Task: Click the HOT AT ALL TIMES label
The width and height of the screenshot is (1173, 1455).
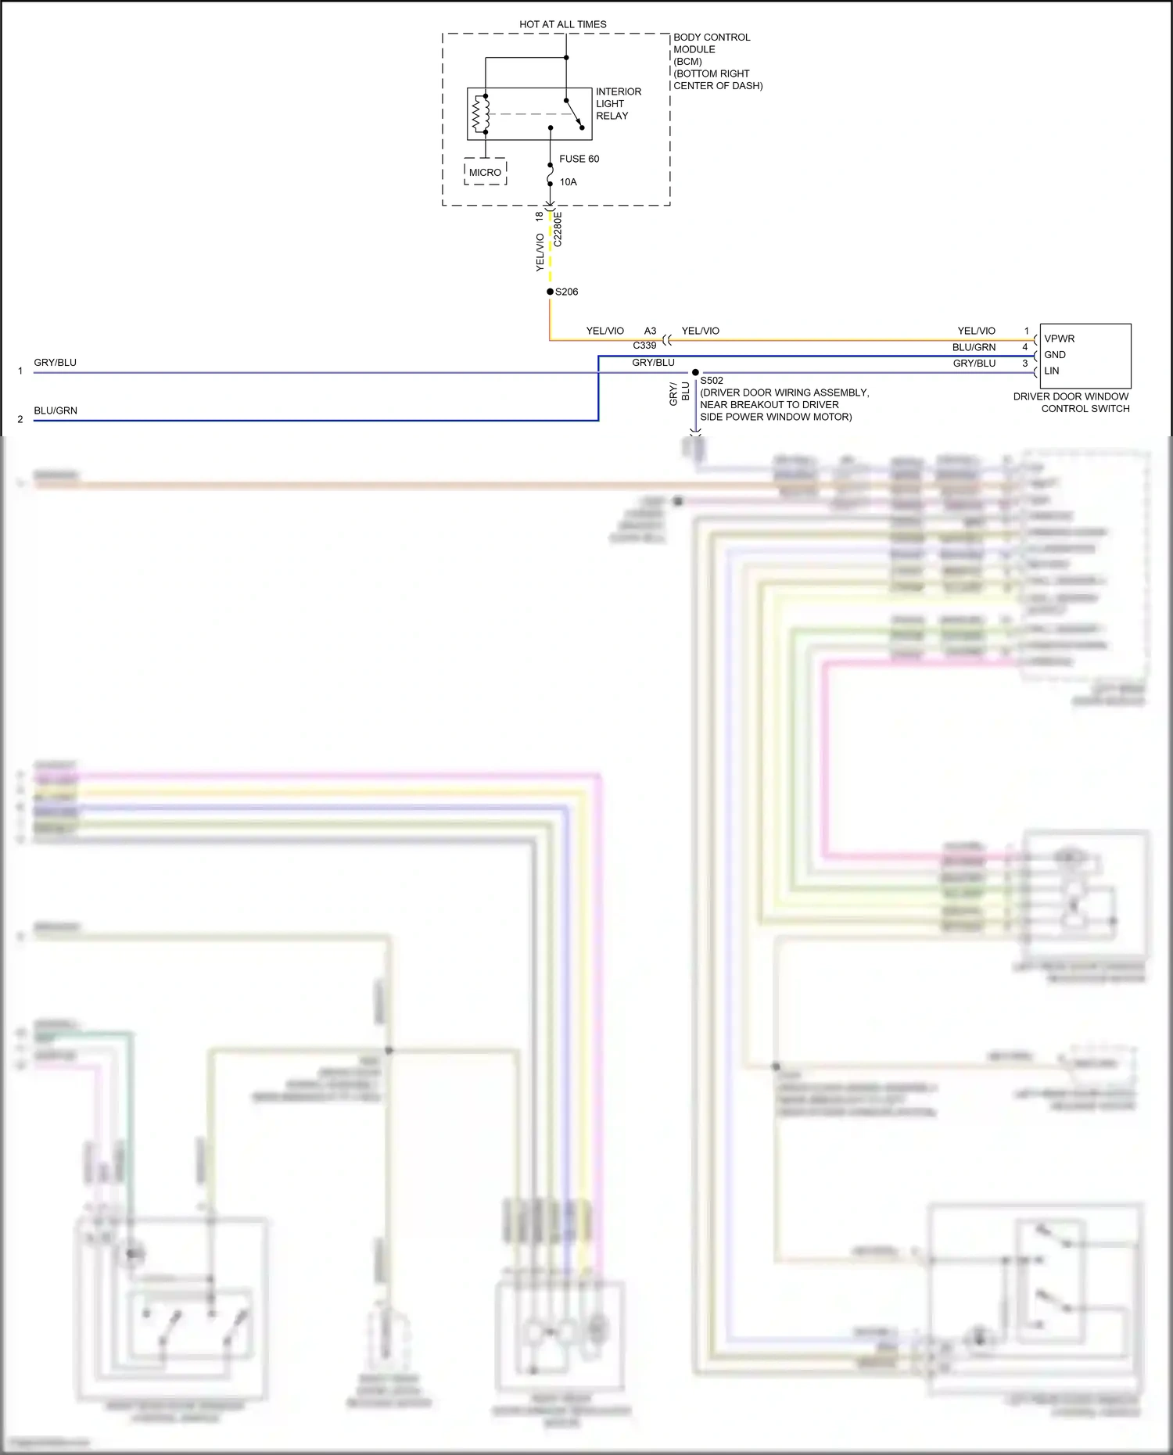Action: coord(562,24)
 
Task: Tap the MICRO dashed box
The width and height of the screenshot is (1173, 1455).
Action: coord(485,172)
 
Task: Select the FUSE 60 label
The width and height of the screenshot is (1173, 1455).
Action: coord(579,159)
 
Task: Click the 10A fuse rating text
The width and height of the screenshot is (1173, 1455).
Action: coord(568,182)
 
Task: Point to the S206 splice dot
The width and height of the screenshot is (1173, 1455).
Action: coord(550,292)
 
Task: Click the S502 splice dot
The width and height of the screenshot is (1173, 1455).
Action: coord(695,372)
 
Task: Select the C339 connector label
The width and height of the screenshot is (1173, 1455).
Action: coord(644,345)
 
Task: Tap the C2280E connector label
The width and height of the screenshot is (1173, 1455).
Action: coord(558,229)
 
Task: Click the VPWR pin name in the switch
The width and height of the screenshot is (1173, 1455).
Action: coord(1059,339)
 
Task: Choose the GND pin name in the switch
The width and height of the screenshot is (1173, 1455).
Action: coord(1054,354)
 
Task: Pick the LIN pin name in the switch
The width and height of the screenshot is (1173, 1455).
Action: coord(1051,371)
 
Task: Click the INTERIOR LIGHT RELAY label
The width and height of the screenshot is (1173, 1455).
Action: coord(618,103)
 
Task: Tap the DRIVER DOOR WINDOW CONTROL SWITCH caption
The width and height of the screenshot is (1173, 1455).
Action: coord(1071,402)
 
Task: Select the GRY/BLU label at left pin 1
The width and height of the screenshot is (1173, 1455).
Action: coord(55,363)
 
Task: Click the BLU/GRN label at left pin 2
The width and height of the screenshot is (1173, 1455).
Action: coord(55,410)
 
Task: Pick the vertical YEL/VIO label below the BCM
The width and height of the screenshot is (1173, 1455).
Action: coord(540,252)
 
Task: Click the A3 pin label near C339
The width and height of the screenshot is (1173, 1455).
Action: coord(650,331)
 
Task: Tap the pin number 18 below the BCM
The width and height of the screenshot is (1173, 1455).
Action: coord(539,215)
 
